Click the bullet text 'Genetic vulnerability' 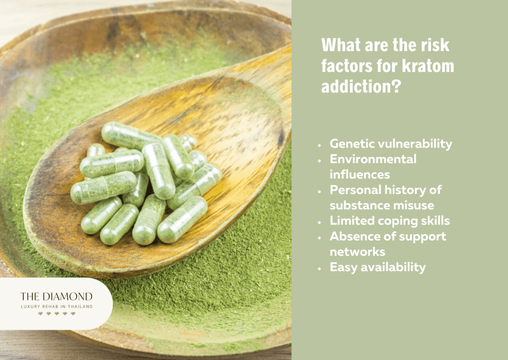(x=391, y=144)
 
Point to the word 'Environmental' (x=373, y=159)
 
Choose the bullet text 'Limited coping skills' (x=389, y=221)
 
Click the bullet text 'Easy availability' (x=378, y=267)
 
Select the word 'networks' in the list (x=357, y=251)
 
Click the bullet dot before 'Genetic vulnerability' (x=320, y=144)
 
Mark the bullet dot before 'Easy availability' (x=320, y=267)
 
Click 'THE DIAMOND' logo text (x=56, y=297)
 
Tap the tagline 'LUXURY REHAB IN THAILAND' (x=56, y=306)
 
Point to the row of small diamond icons (x=56, y=314)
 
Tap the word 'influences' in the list (x=360, y=175)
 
